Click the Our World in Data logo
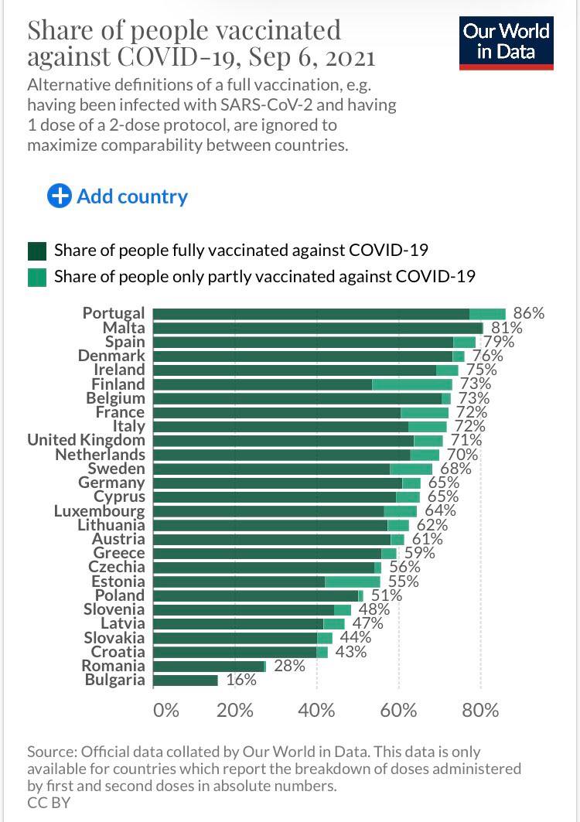click(507, 43)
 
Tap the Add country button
click(118, 196)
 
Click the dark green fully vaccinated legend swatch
click(36, 251)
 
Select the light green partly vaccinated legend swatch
click(36, 277)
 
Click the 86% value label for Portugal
click(529, 313)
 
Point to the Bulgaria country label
click(115, 680)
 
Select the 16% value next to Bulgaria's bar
click(241, 680)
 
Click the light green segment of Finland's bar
click(412, 384)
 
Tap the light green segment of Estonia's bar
click(353, 582)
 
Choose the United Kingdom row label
click(86, 440)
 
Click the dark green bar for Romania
click(209, 667)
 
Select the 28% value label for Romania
click(289, 666)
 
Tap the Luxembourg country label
click(99, 511)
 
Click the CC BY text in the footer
click(49, 803)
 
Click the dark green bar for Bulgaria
click(186, 680)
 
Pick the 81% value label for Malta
click(507, 328)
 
